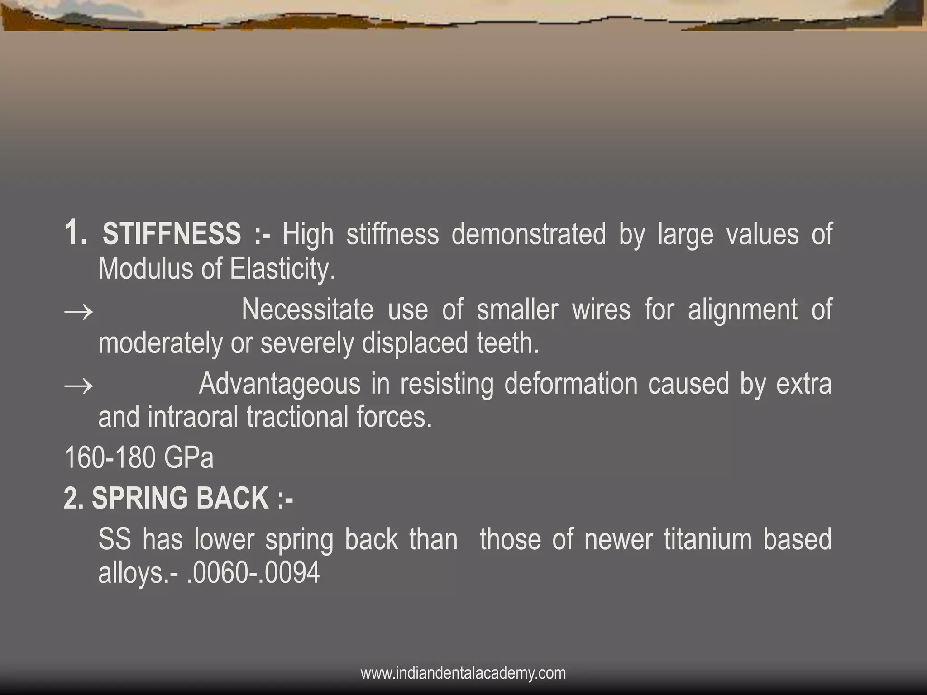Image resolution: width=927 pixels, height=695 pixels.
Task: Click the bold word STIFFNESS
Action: click(172, 234)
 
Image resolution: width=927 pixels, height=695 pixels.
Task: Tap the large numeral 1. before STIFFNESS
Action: click(75, 233)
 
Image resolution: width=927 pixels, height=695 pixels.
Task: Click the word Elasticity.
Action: click(282, 269)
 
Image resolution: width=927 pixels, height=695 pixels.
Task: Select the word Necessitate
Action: click(307, 310)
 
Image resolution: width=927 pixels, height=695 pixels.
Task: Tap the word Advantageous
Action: click(279, 384)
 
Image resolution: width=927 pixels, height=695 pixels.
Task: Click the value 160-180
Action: click(109, 457)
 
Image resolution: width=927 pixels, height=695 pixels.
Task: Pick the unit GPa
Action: click(188, 457)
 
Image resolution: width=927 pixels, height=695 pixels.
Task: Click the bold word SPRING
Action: click(139, 498)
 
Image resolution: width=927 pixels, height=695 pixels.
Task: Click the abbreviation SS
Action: click(115, 539)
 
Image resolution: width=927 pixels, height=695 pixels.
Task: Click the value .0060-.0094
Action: click(253, 573)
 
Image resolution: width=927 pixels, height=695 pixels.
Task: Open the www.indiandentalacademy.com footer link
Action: click(463, 673)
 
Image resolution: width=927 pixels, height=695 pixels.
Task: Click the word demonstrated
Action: click(528, 234)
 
